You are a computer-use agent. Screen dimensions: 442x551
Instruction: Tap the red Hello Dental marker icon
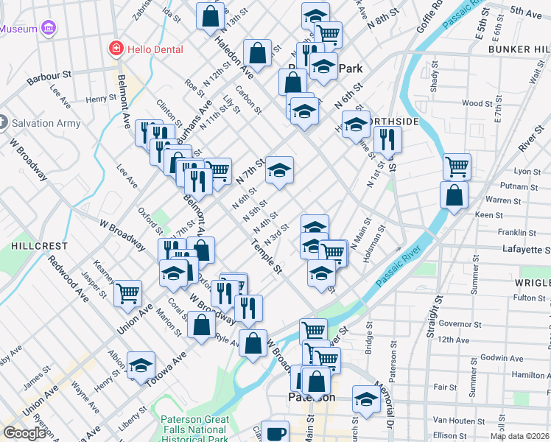115,49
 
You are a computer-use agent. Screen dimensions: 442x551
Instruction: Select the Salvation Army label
46,123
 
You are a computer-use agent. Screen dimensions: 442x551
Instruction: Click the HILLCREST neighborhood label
26,245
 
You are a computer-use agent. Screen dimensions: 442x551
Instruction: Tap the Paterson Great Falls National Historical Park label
194,429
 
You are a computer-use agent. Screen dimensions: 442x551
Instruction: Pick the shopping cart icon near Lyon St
457,166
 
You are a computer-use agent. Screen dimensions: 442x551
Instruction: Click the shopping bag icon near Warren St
454,196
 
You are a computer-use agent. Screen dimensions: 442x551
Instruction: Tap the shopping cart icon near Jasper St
128,292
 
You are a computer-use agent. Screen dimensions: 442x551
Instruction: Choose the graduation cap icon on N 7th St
279,169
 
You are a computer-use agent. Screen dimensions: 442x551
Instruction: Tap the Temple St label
267,259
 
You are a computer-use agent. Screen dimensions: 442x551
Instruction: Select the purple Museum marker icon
49,29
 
